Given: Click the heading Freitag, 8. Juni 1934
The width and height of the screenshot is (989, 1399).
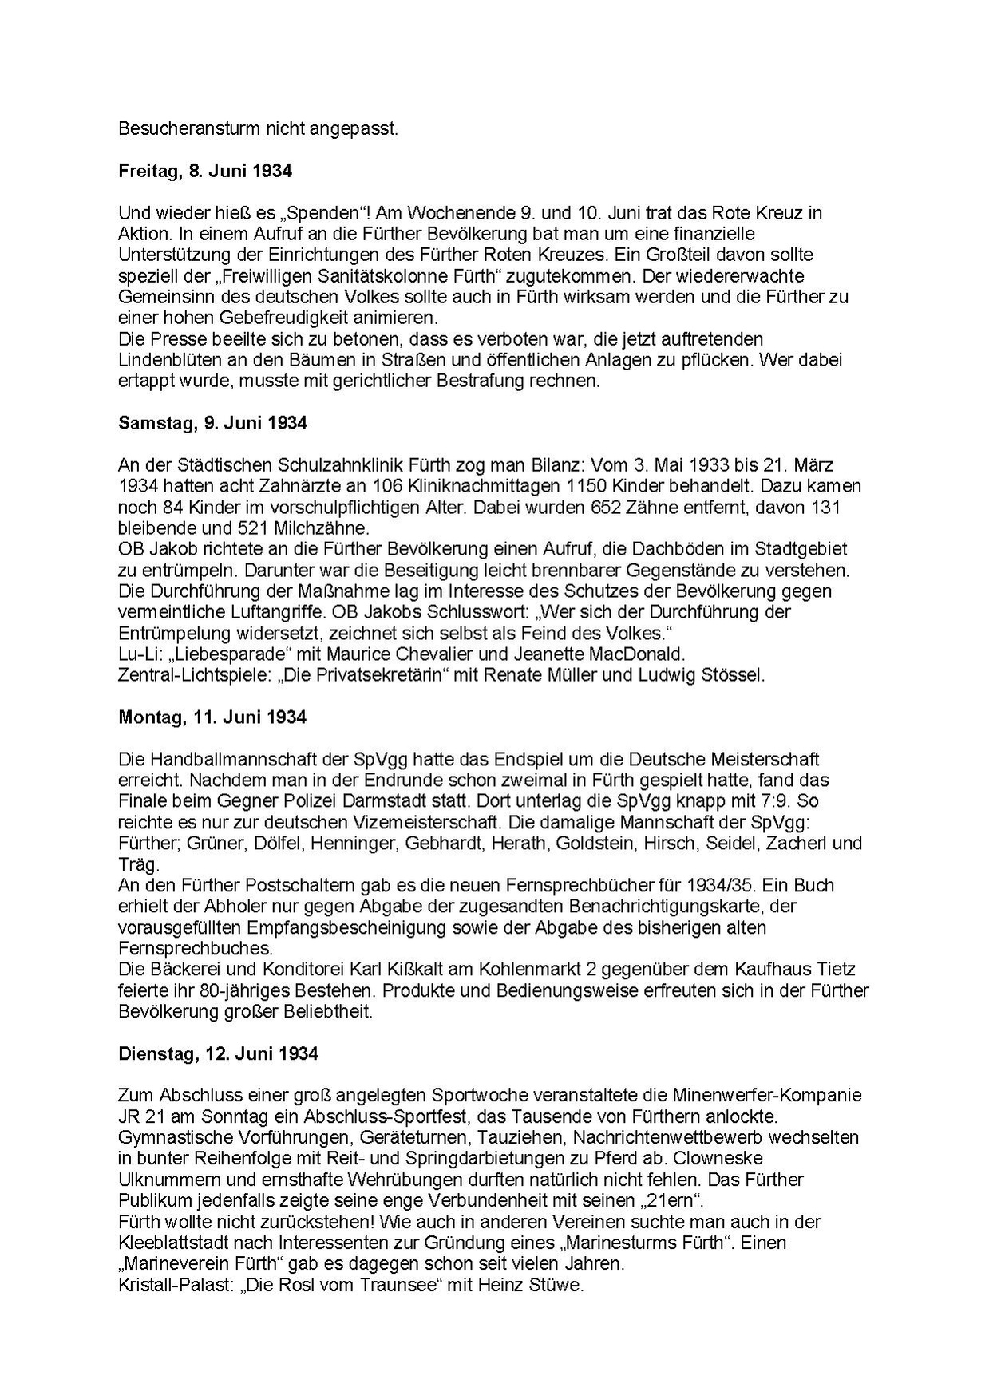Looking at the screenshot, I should (x=205, y=171).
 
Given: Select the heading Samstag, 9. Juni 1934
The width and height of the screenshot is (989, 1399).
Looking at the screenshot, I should (x=212, y=423).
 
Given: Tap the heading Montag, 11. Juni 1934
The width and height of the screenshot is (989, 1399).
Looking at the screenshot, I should (x=212, y=717).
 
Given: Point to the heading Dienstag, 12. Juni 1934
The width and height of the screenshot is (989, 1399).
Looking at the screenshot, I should (x=218, y=1053).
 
